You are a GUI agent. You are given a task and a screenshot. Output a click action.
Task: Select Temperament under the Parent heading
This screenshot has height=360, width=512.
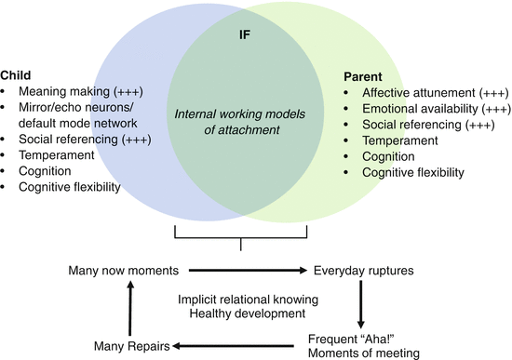click(x=400, y=141)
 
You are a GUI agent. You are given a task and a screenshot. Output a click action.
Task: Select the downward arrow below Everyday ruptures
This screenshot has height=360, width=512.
click(x=360, y=302)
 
